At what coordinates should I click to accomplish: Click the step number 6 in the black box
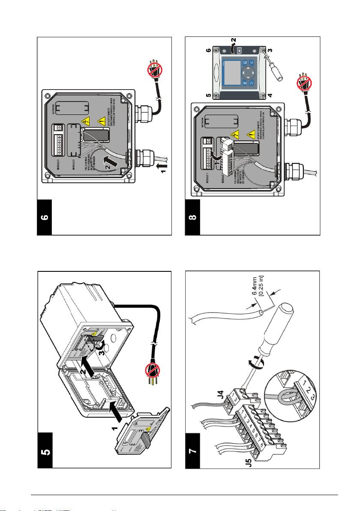(45, 217)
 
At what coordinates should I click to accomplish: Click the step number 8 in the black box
(192, 217)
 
